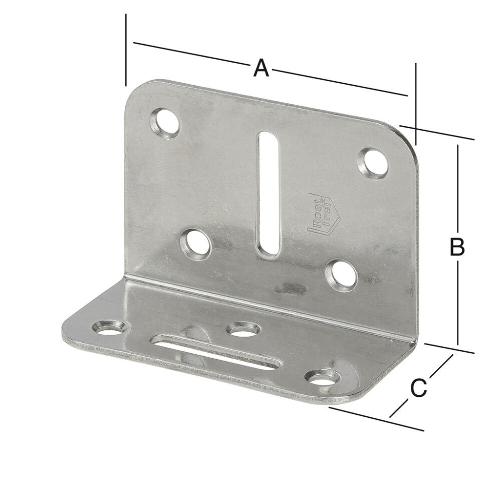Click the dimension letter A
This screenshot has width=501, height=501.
click(261, 68)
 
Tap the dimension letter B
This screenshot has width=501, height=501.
click(456, 246)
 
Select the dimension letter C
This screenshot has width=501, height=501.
click(418, 387)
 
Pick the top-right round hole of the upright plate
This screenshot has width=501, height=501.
click(375, 163)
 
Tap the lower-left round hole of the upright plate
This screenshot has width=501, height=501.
click(195, 243)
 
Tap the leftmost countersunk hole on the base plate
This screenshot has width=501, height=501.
click(109, 328)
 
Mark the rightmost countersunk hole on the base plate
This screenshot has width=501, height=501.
click(322, 378)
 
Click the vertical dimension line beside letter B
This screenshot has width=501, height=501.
click(457, 200)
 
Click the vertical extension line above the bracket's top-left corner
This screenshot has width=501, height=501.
click(126, 50)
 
